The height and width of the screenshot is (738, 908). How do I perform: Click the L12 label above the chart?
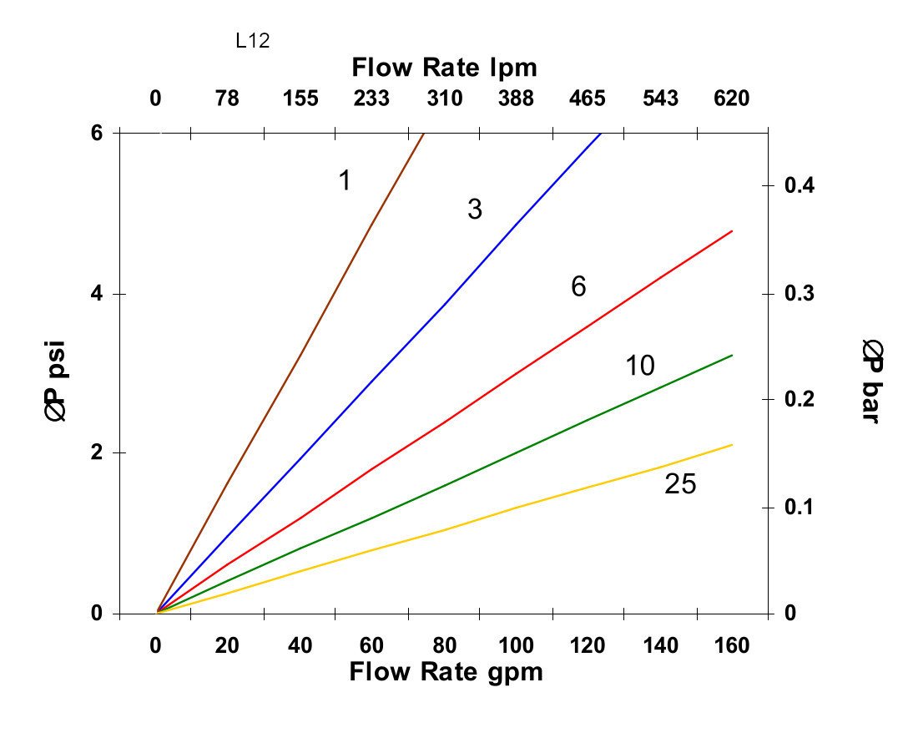[x=253, y=41]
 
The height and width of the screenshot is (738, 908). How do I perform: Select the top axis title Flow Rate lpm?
[x=444, y=67]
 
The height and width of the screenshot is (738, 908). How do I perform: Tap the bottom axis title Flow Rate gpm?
[x=446, y=672]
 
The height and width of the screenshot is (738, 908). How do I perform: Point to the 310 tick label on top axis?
[x=444, y=99]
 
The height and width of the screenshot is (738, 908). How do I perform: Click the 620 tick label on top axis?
[x=731, y=99]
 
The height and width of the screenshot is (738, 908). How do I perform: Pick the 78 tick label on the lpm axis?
[x=227, y=99]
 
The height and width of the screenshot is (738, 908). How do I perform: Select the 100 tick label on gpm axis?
[x=517, y=645]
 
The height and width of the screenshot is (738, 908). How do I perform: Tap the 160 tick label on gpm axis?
[x=732, y=645]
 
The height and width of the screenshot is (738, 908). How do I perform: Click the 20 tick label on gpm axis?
[x=227, y=645]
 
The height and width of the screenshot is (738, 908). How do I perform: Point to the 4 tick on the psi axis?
[x=96, y=294]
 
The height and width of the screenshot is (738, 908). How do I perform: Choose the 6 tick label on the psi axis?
[x=96, y=133]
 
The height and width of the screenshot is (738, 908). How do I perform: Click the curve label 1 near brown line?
[x=344, y=179]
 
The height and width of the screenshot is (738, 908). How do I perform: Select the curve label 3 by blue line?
[x=475, y=210]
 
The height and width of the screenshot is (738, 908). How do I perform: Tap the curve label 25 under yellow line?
[x=680, y=484]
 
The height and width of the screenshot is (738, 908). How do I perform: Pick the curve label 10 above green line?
[x=640, y=366]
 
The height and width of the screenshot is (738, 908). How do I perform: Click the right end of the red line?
[x=732, y=230]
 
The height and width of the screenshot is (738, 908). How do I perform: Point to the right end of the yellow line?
[x=732, y=445]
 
